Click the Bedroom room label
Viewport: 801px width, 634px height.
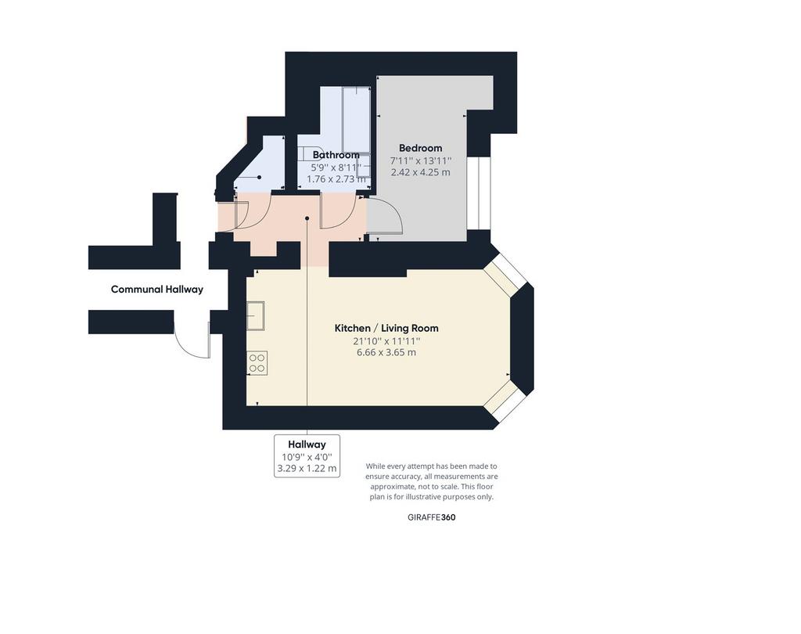click(420, 148)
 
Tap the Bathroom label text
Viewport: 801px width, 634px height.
click(336, 155)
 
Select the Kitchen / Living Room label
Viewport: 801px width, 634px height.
click(386, 328)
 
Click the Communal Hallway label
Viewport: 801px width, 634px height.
click(156, 290)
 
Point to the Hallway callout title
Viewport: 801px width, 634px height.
click(307, 445)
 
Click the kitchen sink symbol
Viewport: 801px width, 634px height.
click(256, 316)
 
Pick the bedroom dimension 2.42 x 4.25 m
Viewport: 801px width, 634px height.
click(420, 172)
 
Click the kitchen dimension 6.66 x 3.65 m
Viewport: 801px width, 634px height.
click(386, 352)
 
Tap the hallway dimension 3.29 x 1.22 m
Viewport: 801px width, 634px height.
click(307, 468)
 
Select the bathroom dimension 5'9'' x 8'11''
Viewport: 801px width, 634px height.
click(336, 168)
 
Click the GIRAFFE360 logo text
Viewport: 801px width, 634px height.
click(432, 517)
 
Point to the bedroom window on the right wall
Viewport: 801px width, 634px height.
click(479, 193)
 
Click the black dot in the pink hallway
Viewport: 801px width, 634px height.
click(307, 218)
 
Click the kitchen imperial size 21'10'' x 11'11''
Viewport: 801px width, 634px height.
click(386, 340)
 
